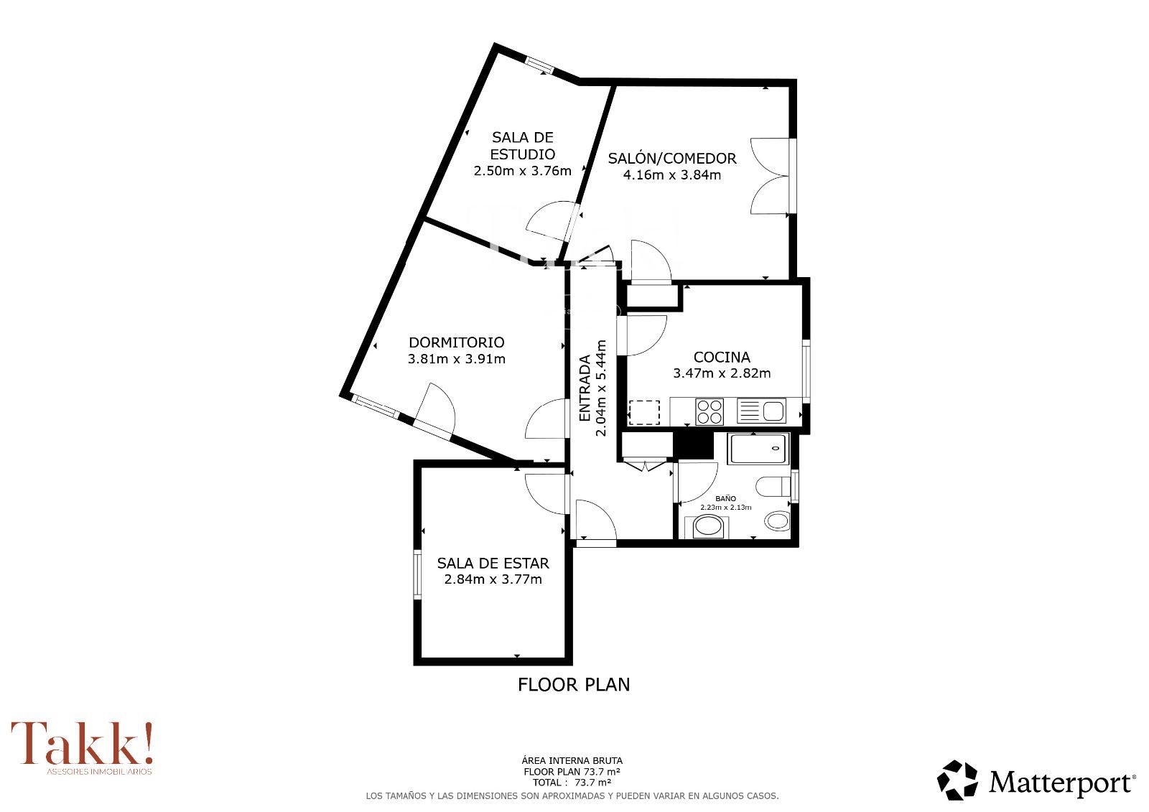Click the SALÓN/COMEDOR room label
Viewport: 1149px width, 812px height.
pos(672,158)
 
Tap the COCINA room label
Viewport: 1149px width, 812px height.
pos(722,357)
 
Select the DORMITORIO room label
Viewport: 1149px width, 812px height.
pos(457,342)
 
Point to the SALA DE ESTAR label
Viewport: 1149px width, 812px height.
pos(493,563)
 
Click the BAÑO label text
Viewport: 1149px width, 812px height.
pos(726,498)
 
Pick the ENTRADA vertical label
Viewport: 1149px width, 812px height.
pos(585,388)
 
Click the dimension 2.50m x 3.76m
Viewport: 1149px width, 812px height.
pos(522,171)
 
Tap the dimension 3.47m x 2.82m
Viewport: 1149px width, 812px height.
pos(722,373)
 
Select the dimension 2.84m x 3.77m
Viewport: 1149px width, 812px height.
pos(493,579)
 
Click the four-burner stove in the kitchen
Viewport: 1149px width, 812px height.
pos(710,412)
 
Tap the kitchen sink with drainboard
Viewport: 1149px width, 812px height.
pos(761,411)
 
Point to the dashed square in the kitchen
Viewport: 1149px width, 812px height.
pos(644,412)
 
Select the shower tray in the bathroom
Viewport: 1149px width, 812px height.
pos(759,449)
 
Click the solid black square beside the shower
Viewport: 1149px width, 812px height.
pos(693,445)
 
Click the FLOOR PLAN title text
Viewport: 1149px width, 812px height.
pos(574,685)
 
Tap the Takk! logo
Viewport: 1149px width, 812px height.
pos(82,747)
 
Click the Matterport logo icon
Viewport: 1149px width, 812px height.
pos(957,780)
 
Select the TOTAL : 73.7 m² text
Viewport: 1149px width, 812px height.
pos(572,783)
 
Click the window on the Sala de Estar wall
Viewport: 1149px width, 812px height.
pos(417,574)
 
